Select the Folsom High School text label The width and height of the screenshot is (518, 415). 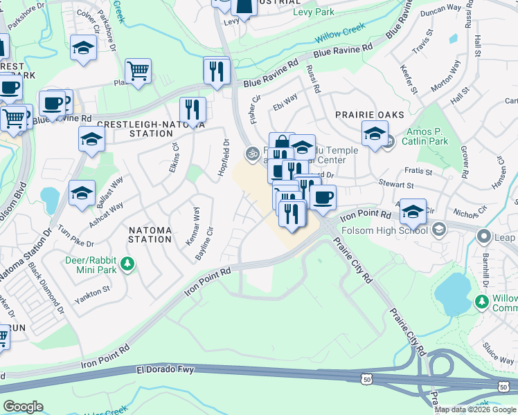tap(391, 229)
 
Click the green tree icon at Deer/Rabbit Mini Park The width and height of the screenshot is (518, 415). tap(127, 264)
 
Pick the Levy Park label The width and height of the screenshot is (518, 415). tap(314, 12)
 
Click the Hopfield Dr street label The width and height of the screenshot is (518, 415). tap(225, 157)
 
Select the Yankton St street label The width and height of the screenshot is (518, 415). tap(97, 289)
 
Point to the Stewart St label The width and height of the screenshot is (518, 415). tap(395, 185)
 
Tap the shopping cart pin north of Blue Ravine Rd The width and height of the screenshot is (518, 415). tap(139, 70)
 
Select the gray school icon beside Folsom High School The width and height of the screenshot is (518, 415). tap(438, 228)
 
